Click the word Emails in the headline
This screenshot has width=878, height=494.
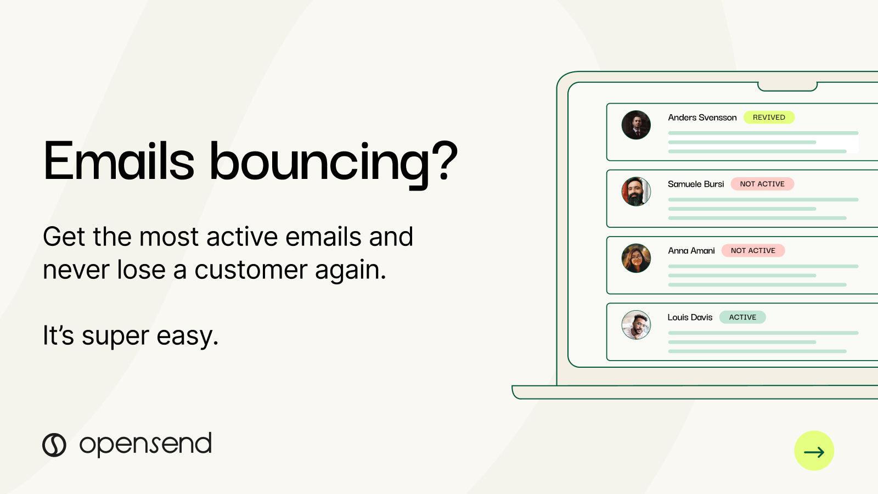119,161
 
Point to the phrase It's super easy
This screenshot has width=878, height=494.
131,335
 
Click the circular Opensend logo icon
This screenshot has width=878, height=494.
54,445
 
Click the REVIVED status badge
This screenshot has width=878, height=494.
769,117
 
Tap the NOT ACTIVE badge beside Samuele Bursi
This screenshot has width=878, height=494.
762,184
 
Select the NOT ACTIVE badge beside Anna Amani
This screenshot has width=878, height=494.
753,251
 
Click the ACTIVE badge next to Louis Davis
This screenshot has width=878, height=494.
742,317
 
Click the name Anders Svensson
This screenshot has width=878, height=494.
702,117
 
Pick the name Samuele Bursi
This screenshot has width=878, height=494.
695,184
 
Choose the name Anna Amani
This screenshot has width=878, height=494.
691,251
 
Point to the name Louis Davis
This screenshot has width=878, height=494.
689,317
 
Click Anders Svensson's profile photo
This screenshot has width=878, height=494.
636,125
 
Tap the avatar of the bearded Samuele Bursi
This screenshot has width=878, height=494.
636,192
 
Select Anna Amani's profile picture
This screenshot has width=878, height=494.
636,258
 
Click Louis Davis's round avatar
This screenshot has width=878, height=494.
636,325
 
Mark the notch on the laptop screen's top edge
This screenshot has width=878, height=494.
787,87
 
